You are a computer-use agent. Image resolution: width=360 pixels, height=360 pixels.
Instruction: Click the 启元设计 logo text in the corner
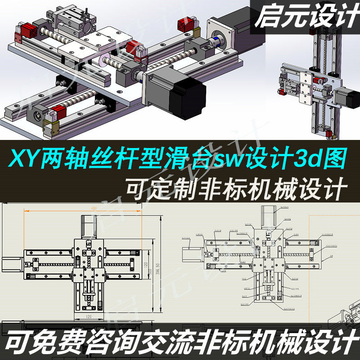click(306, 17)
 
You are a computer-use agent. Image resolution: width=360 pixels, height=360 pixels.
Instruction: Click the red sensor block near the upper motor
click(184, 23)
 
